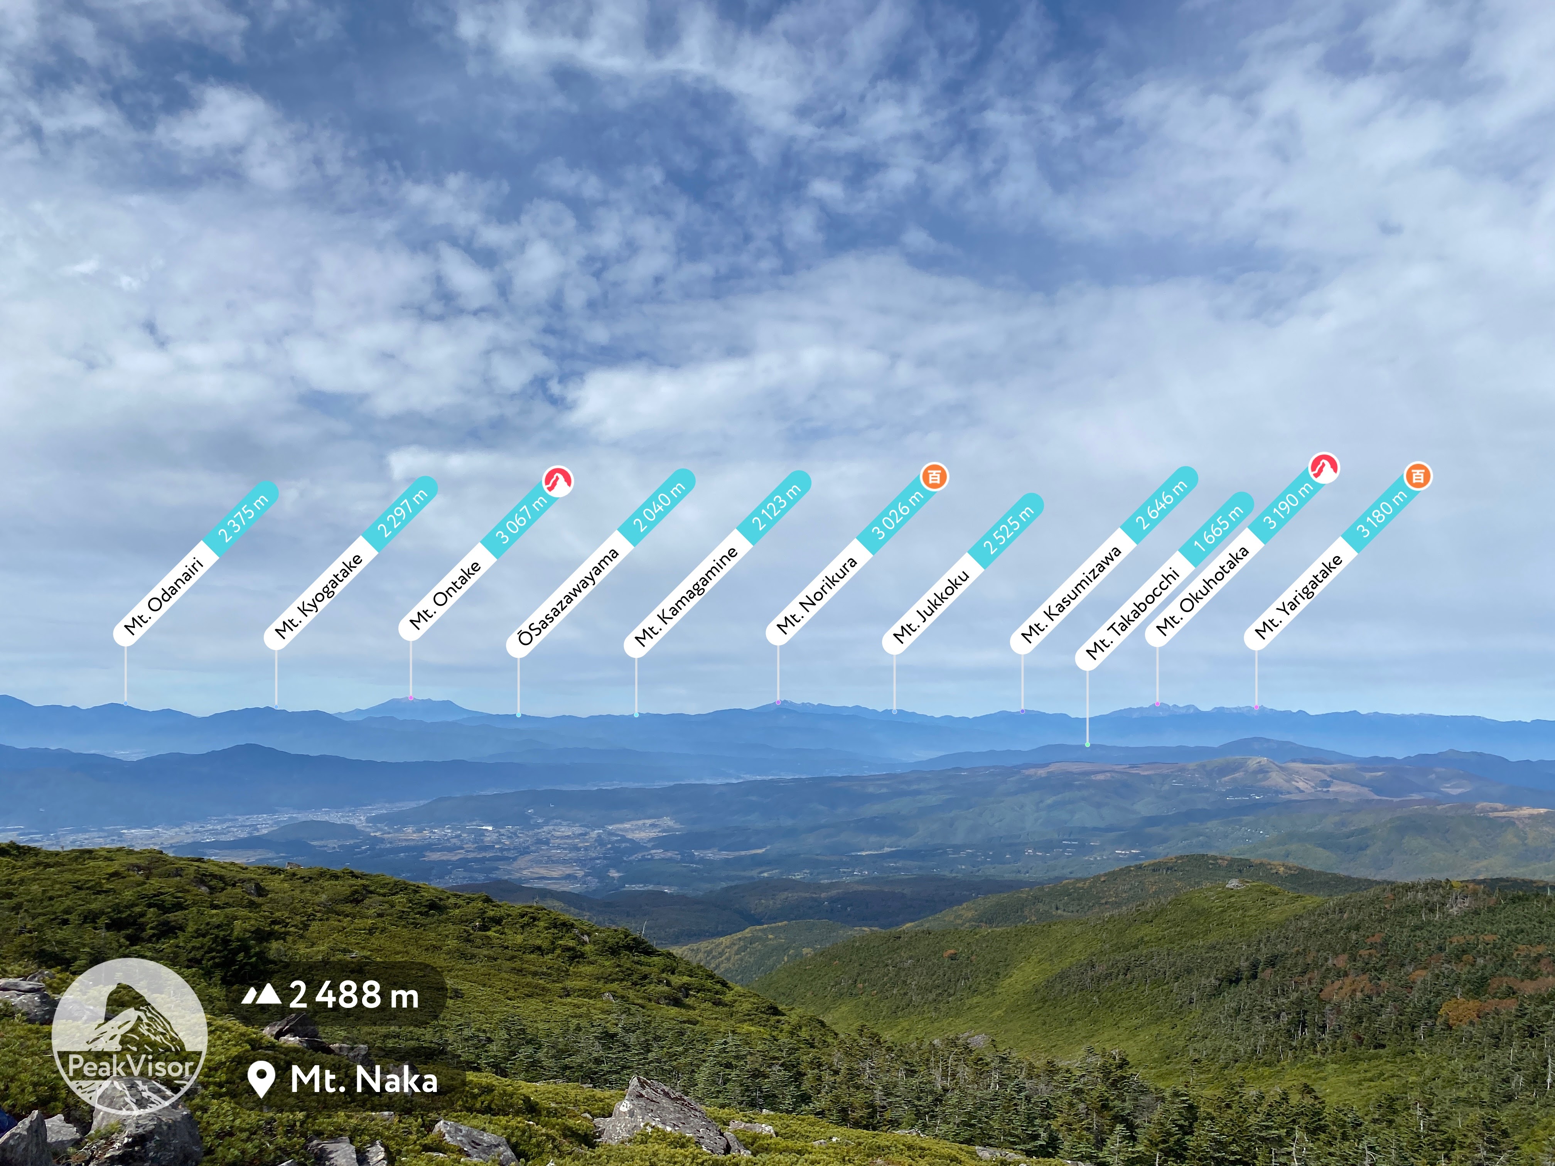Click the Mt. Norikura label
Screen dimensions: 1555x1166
[x=817, y=595]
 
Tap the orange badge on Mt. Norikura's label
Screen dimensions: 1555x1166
[x=934, y=477]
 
